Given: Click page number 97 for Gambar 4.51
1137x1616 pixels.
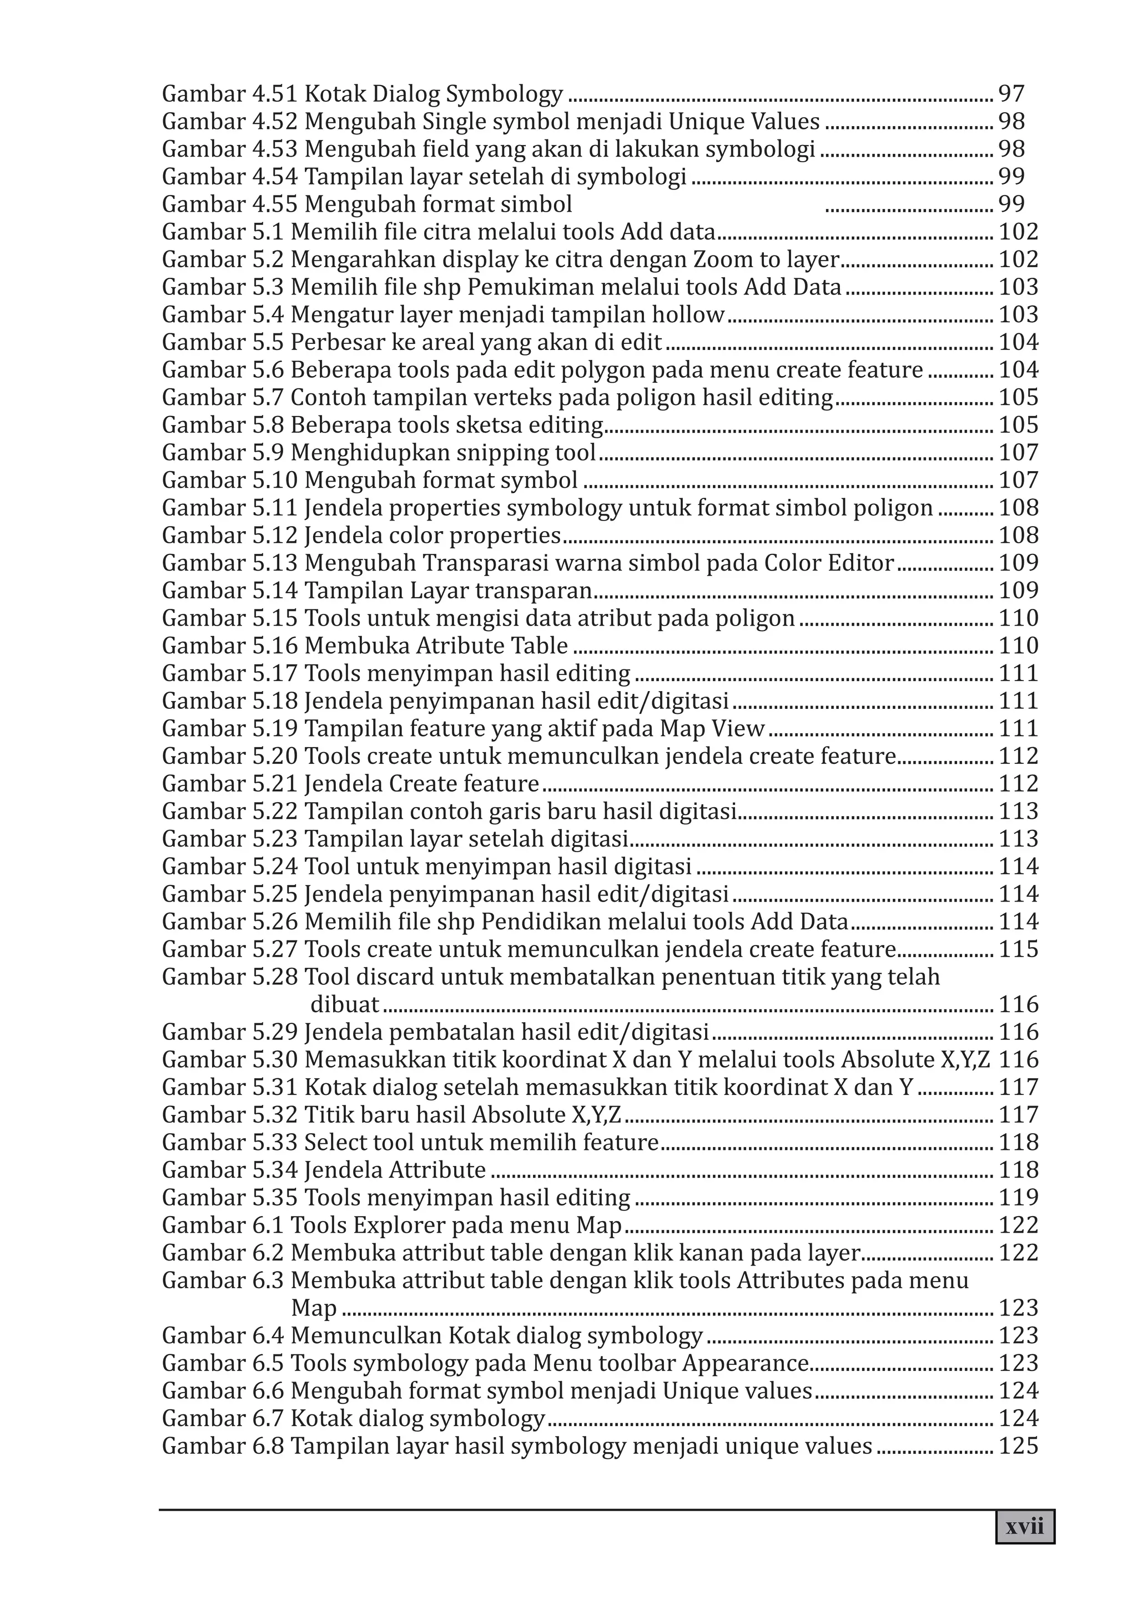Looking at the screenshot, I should (x=1011, y=94).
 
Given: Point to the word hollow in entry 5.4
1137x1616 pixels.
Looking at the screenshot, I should (x=687, y=314).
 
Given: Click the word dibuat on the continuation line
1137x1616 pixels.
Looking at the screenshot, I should (x=344, y=1004).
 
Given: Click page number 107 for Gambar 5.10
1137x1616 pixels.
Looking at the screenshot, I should (x=1018, y=480).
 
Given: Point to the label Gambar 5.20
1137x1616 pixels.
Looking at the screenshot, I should (x=230, y=756).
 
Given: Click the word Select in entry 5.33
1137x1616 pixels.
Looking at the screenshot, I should (x=335, y=1142).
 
